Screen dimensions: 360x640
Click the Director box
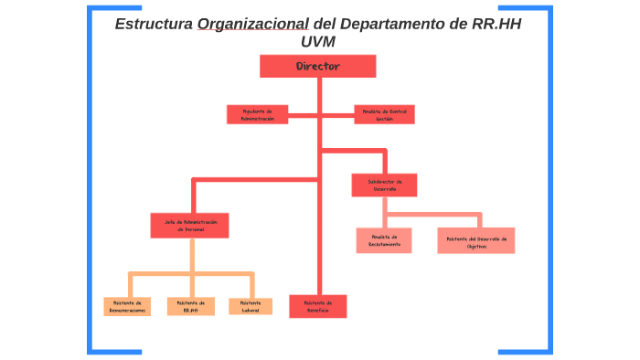click(317, 66)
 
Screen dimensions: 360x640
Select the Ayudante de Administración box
click(257, 114)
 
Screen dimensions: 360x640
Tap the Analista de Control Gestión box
click(384, 114)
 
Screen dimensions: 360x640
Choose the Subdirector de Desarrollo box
click(384, 185)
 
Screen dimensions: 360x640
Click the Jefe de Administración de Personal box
click(190, 226)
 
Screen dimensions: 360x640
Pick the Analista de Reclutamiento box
click(384, 240)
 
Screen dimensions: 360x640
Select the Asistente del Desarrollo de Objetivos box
click(475, 240)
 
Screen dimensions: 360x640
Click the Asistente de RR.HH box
click(190, 306)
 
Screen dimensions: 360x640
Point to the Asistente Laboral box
click(250, 306)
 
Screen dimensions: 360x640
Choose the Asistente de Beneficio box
click(318, 306)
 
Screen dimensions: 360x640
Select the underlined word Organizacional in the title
click(252, 24)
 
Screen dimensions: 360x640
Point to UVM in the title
click(317, 42)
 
